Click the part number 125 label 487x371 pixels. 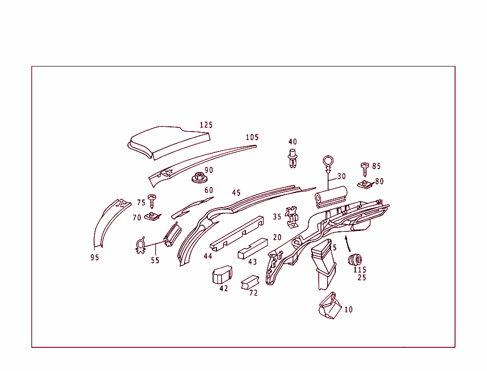pos(206,125)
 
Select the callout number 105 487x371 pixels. pos(252,137)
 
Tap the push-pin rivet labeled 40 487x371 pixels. pos(292,158)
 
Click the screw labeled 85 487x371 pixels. pos(365,166)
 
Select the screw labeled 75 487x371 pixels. pos(152,200)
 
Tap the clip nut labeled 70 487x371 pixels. pos(153,217)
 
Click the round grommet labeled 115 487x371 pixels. pos(355,259)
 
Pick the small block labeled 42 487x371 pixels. pos(221,274)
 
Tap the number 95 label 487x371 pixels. pos(95,258)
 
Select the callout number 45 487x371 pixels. pos(236,193)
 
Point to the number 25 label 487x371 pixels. pos(362,278)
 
